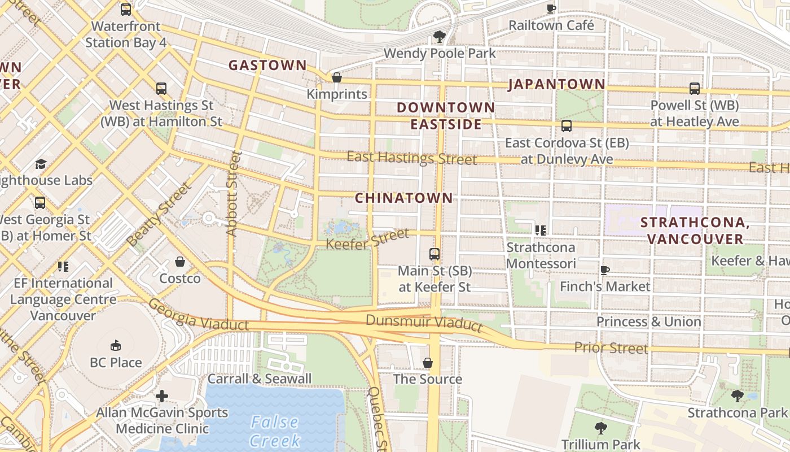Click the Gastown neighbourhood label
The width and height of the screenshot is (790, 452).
(x=267, y=65)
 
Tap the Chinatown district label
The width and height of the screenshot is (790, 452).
(x=404, y=198)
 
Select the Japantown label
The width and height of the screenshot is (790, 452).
(x=556, y=85)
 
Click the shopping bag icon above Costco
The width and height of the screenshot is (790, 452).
(x=180, y=262)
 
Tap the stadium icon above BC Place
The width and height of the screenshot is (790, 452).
(x=116, y=345)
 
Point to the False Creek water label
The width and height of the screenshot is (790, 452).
(x=274, y=431)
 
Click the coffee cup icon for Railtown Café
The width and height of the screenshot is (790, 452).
(x=551, y=8)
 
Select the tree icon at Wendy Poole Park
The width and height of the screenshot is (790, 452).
(x=439, y=37)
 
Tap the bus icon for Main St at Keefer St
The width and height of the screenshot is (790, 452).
(x=434, y=254)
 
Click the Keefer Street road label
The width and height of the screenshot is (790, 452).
(x=367, y=238)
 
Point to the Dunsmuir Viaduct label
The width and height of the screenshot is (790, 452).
(x=424, y=323)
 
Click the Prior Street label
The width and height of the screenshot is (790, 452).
(x=611, y=347)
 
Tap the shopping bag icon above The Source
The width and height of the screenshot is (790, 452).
(x=428, y=362)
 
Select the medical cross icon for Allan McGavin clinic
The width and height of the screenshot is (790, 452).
(x=162, y=396)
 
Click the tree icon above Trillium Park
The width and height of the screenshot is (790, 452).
(x=600, y=428)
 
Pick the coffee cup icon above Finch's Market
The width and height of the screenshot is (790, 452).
(x=605, y=270)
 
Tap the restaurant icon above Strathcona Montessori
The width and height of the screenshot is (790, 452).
(x=541, y=231)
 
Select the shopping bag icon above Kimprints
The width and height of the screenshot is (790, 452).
(x=337, y=77)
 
